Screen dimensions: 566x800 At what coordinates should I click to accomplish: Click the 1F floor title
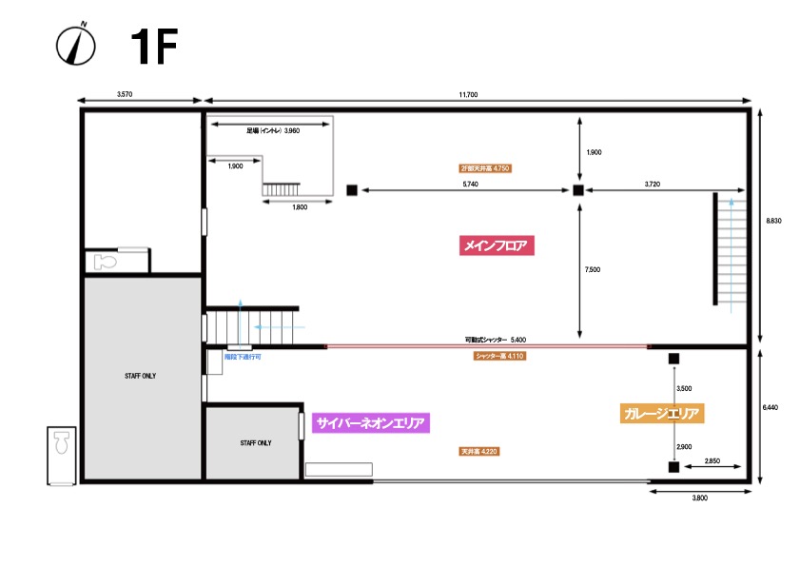click(x=153, y=47)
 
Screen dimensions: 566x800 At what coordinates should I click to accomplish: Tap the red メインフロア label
click(x=495, y=245)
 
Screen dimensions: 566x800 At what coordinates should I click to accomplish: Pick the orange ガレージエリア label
click(x=662, y=414)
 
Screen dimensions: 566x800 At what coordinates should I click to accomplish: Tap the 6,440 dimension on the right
click(x=771, y=407)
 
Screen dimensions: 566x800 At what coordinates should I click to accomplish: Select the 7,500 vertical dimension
click(x=592, y=270)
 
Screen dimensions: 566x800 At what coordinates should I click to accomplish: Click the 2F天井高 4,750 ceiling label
click(x=484, y=168)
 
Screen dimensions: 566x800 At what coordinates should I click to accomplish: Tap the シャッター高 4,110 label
click(x=499, y=356)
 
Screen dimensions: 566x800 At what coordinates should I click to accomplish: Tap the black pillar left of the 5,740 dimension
click(x=352, y=190)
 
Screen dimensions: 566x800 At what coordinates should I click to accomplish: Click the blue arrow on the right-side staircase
click(x=731, y=203)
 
